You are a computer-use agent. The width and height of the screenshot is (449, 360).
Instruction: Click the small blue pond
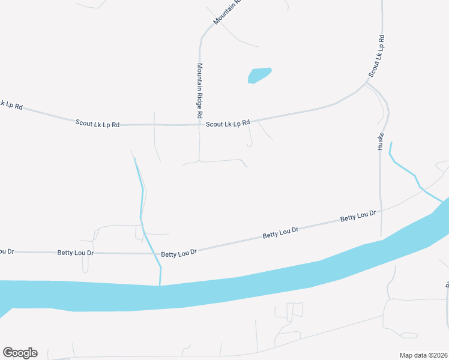coord(259,75)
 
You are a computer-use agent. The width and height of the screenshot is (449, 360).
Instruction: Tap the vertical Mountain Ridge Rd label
coord(199,90)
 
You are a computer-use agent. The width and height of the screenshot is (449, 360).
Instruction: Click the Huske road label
coord(380,142)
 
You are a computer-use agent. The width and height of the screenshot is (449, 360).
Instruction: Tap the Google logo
coord(20,353)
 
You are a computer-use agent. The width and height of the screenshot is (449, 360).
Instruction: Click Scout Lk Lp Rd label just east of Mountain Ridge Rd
coord(228,124)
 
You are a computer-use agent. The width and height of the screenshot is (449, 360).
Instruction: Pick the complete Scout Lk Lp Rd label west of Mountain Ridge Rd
coord(97,124)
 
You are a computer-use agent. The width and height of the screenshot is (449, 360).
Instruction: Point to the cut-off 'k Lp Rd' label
coord(11,105)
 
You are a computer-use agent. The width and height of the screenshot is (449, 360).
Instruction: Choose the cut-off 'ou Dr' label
coord(6,250)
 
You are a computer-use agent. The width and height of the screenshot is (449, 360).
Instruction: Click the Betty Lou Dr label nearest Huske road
coord(358,215)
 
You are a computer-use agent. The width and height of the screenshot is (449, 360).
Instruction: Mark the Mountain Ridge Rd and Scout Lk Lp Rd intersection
coord(199,125)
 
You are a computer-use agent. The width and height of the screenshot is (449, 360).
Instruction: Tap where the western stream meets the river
coord(160,285)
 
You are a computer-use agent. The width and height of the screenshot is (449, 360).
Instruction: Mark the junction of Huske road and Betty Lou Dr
coord(381,210)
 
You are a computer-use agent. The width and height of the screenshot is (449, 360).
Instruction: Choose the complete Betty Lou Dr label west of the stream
coord(76,253)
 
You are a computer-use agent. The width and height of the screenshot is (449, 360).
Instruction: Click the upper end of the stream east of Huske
coord(391,143)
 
